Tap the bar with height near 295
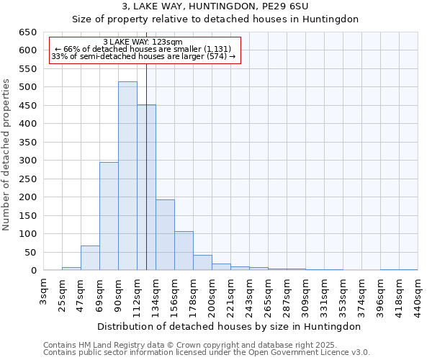pyautogui.click(x=109, y=216)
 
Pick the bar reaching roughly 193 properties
pyautogui.click(x=165, y=235)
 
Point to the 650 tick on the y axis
pyautogui.click(x=29, y=32)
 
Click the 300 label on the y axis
pyautogui.click(x=29, y=161)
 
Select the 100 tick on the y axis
pyautogui.click(x=29, y=234)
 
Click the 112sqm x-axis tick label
pyautogui.click(x=138, y=293)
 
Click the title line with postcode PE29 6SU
pyautogui.click(x=215, y=6)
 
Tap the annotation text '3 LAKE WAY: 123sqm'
pyautogui.click(x=143, y=42)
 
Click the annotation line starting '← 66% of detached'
pyautogui.click(x=143, y=49)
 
